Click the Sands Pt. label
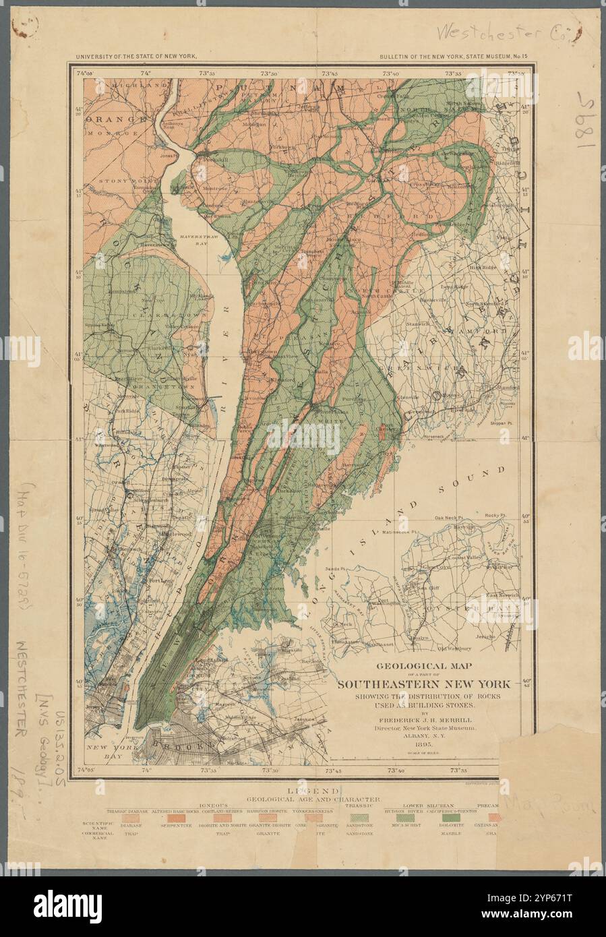tap(335, 551)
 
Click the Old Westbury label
tap(454, 649)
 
